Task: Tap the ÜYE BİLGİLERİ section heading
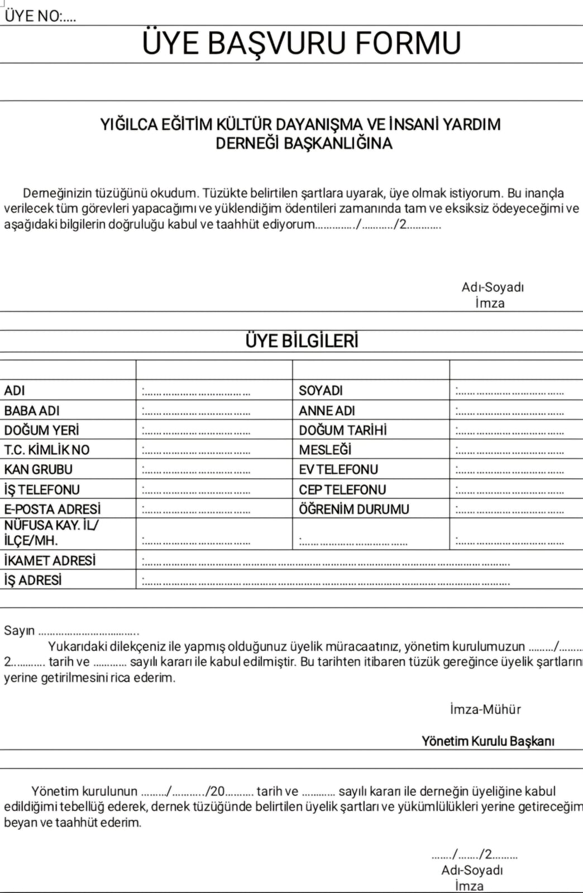tap(302, 340)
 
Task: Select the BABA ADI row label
tap(32, 411)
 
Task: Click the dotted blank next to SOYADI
tap(509, 392)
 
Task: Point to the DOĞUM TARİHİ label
tap(342, 430)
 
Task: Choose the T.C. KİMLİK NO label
tap(47, 450)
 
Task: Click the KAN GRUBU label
tap(39, 469)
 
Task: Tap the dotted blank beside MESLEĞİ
tap(509, 451)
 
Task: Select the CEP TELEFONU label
tap(342, 489)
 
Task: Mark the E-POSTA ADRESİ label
tap(52, 509)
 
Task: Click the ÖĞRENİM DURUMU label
tap(354, 509)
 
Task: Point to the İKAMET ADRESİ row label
tap(50, 560)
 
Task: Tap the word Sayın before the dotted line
tap(20, 631)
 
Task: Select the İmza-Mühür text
tap(485, 709)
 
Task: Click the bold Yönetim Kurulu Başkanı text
tap(488, 741)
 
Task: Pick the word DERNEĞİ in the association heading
tap(247, 143)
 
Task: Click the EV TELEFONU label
tap(338, 469)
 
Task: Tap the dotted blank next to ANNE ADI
tap(509, 412)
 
